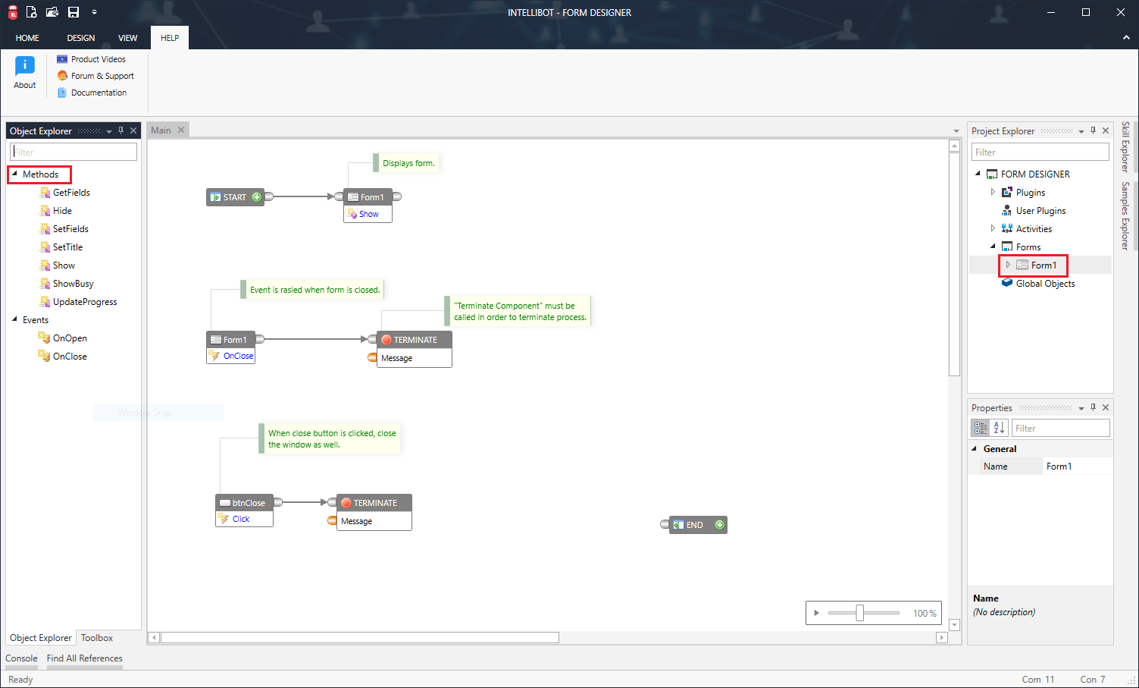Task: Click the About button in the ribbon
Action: (x=25, y=73)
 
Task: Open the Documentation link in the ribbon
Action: (x=99, y=93)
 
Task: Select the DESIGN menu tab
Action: (x=80, y=38)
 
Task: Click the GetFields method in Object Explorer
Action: (x=71, y=193)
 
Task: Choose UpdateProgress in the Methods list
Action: (x=85, y=302)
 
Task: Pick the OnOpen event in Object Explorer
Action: (x=70, y=338)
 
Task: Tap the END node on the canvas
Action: (x=694, y=525)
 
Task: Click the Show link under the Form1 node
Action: (x=368, y=214)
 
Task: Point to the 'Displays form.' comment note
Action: (x=408, y=163)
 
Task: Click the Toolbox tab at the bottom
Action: (x=97, y=638)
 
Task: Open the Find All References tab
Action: (x=84, y=658)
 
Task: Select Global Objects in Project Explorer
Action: (x=1045, y=284)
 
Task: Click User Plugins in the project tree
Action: (x=1040, y=211)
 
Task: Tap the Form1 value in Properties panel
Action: (x=1059, y=467)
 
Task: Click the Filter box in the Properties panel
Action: (x=1061, y=429)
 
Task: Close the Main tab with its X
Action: (x=181, y=130)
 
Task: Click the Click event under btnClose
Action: (x=241, y=519)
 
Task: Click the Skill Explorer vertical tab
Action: (x=1125, y=146)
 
